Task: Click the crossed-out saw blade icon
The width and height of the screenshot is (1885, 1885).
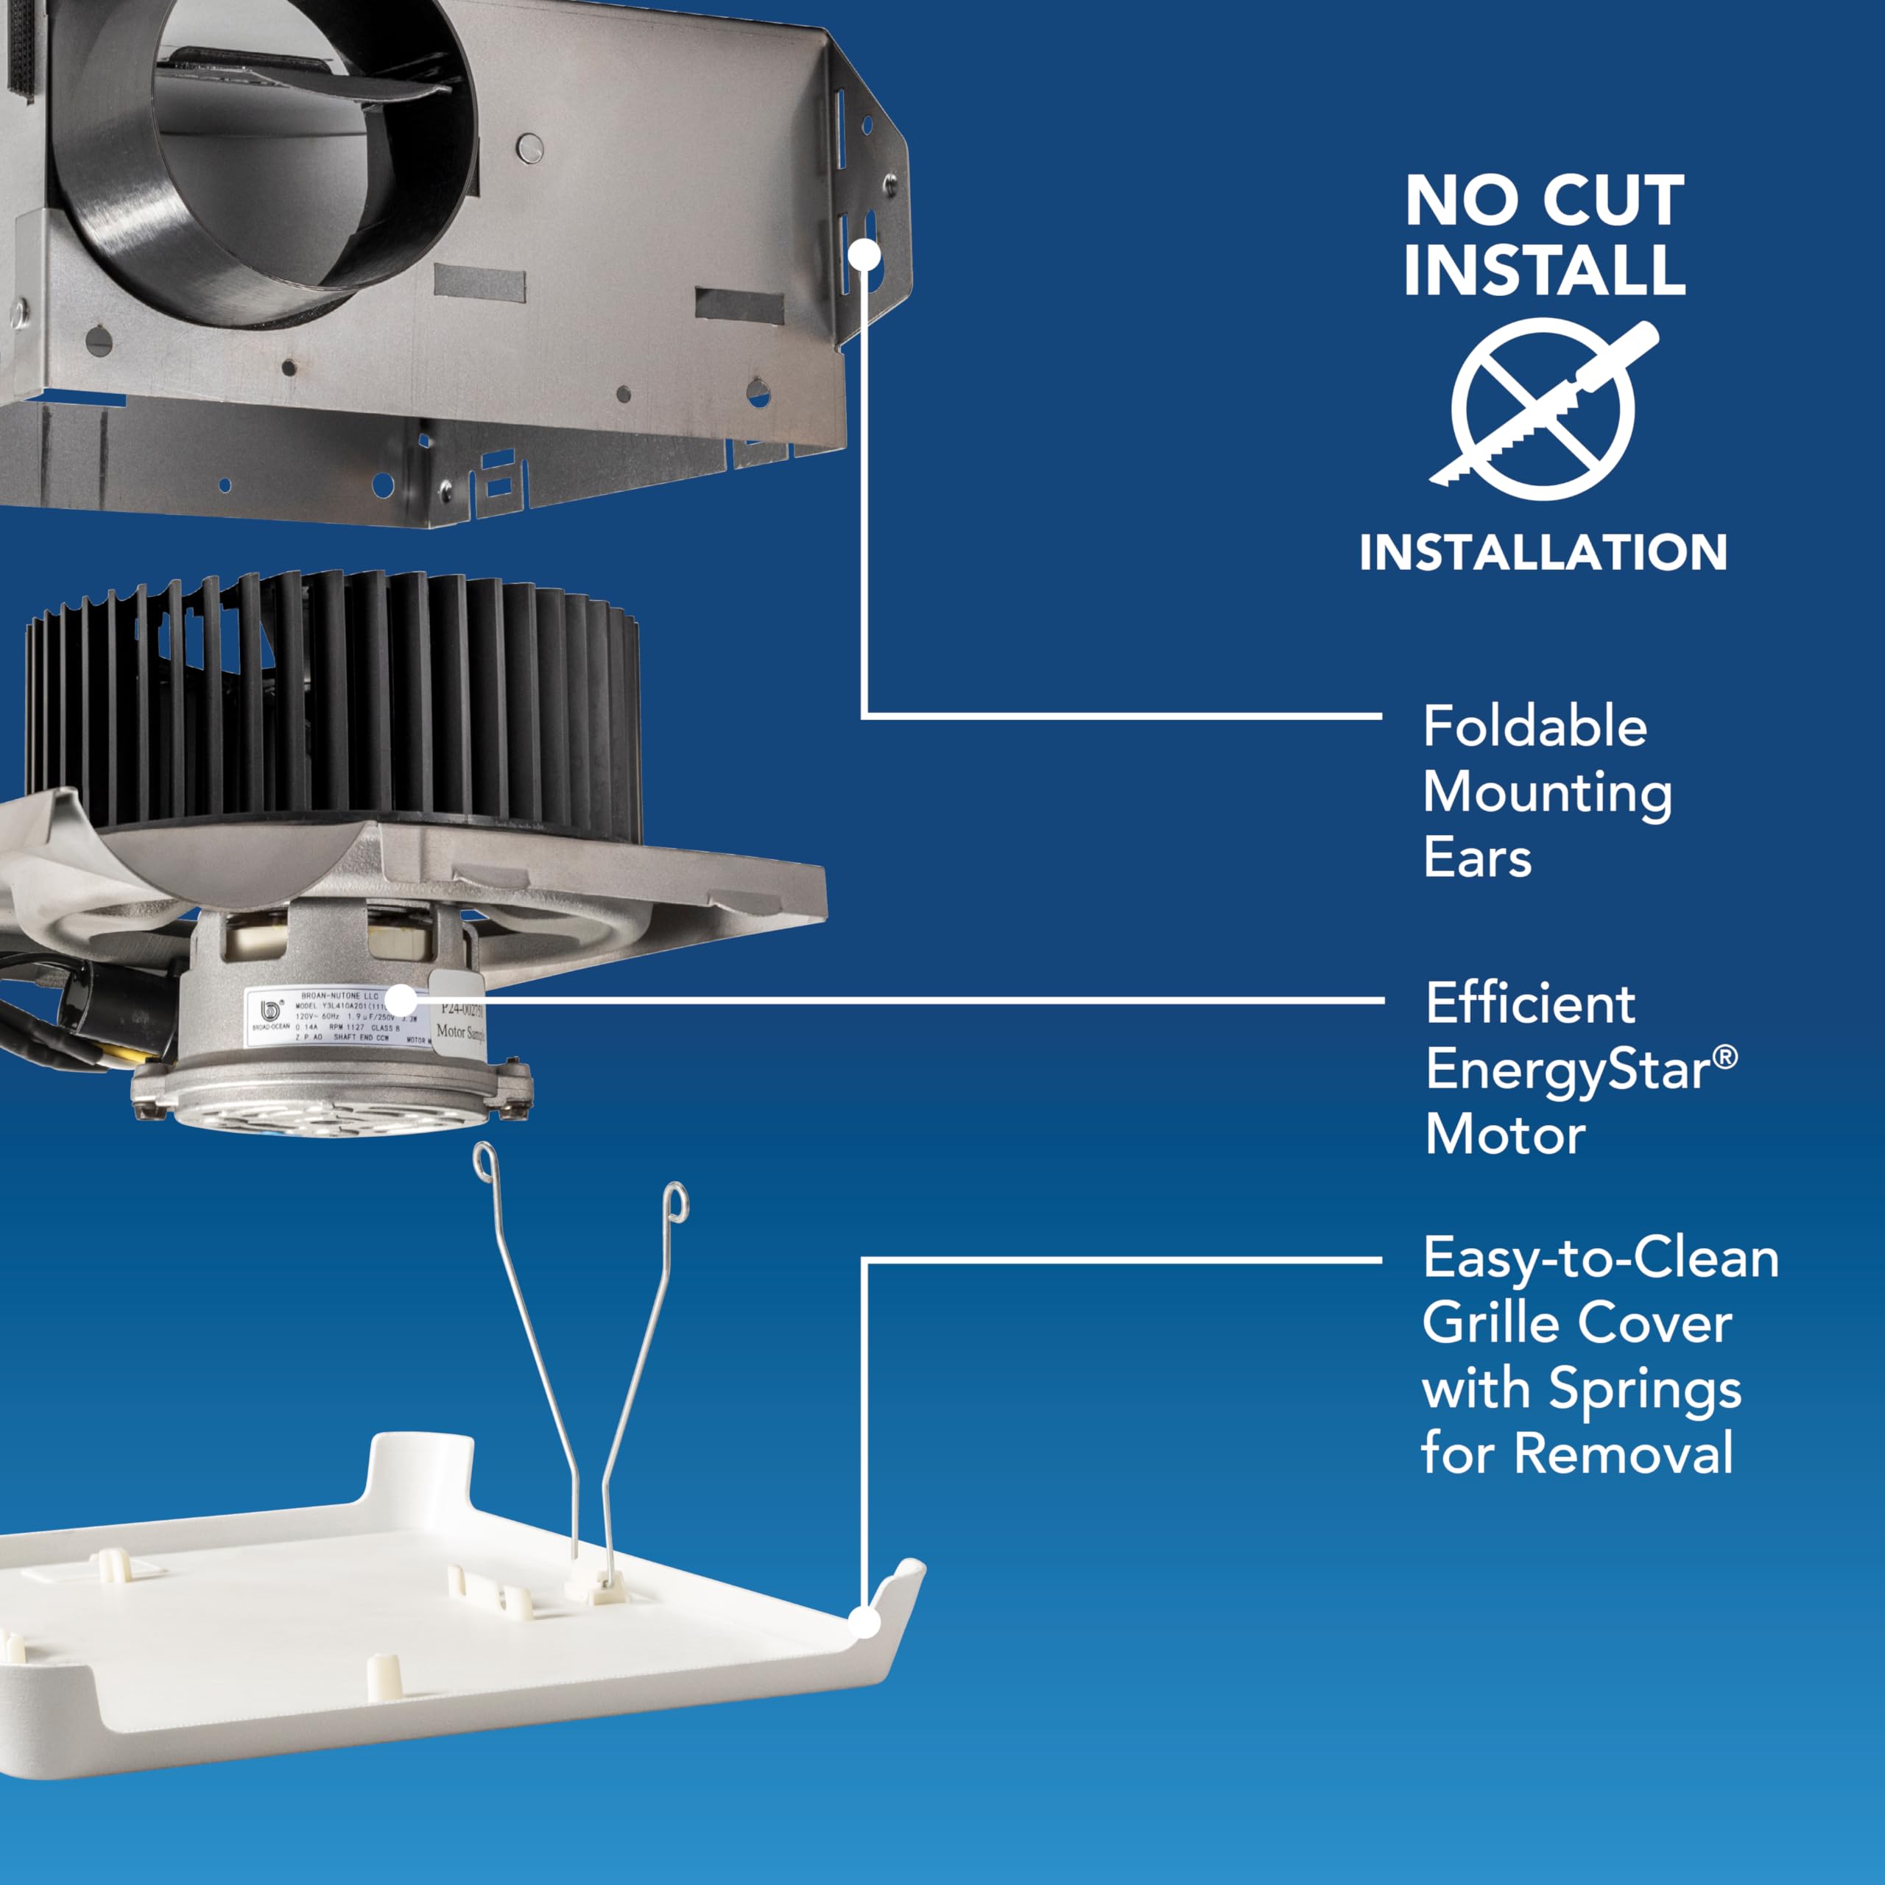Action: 1543,410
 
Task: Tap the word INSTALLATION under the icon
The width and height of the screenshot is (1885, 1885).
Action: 1543,553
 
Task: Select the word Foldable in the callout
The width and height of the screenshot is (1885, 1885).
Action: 1535,727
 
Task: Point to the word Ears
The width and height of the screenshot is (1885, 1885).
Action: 1477,859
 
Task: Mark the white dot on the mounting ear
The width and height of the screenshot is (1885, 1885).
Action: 864,255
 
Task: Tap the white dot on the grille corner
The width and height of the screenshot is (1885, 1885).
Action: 864,1623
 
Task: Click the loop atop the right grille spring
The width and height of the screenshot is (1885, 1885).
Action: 676,1201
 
